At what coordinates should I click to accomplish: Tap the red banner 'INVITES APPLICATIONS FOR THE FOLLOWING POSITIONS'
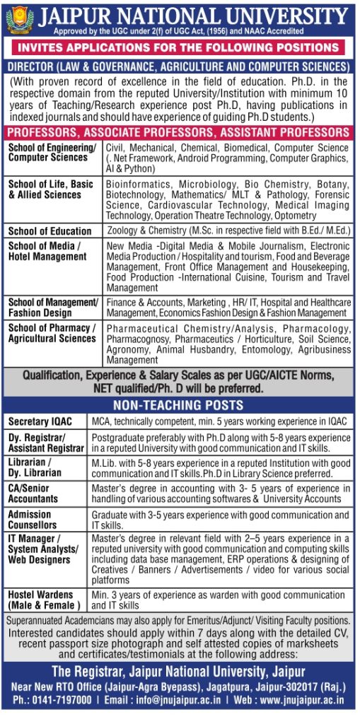180,49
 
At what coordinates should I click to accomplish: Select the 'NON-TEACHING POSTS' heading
180,405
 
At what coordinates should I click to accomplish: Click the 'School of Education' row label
50,231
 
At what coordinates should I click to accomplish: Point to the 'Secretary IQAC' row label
42,421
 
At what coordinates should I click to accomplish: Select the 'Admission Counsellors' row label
33,520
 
